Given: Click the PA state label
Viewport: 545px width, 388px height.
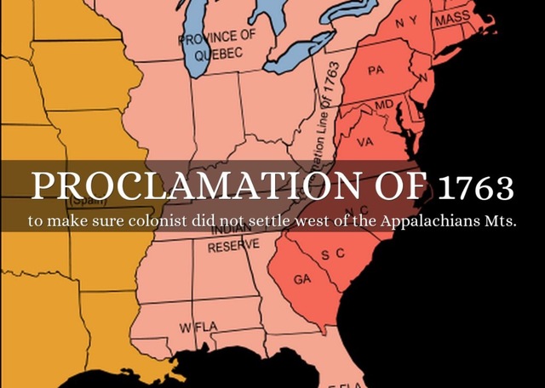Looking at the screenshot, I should click(376, 71).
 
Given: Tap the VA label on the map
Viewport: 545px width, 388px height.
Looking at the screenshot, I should click(365, 141).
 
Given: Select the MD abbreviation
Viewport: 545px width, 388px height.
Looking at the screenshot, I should click(385, 104).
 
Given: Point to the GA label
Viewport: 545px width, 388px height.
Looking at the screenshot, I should click(301, 279).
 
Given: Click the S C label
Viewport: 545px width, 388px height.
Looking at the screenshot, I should click(333, 254).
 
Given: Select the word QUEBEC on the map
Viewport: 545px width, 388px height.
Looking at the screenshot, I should click(219, 53).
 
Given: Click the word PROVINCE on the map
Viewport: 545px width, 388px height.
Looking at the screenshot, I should click(216, 37).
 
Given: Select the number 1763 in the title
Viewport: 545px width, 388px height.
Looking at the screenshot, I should click(478, 185).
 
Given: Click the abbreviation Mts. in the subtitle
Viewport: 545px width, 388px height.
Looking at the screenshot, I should click(503, 220).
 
